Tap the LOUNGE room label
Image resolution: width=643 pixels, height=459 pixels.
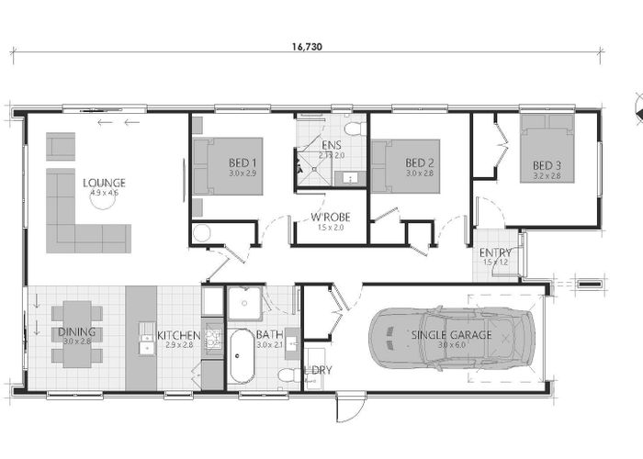pos(104,183)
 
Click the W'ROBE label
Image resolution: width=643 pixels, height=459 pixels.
pos(327,218)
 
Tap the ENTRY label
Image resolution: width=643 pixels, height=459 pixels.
pos(495,252)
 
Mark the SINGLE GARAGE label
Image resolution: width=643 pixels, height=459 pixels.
pos(451,335)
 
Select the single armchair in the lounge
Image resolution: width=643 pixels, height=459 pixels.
pos(62,145)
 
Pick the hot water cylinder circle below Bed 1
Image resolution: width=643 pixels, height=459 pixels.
pos(202,233)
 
